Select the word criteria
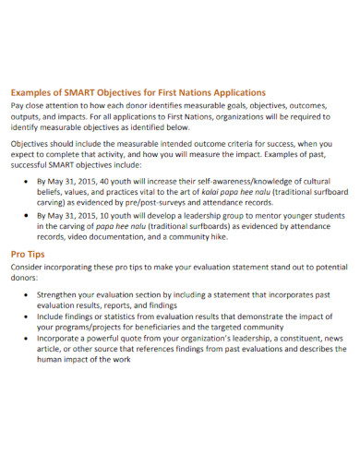pyautogui.click(x=210, y=144)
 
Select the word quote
pyautogui.click(x=136, y=338)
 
